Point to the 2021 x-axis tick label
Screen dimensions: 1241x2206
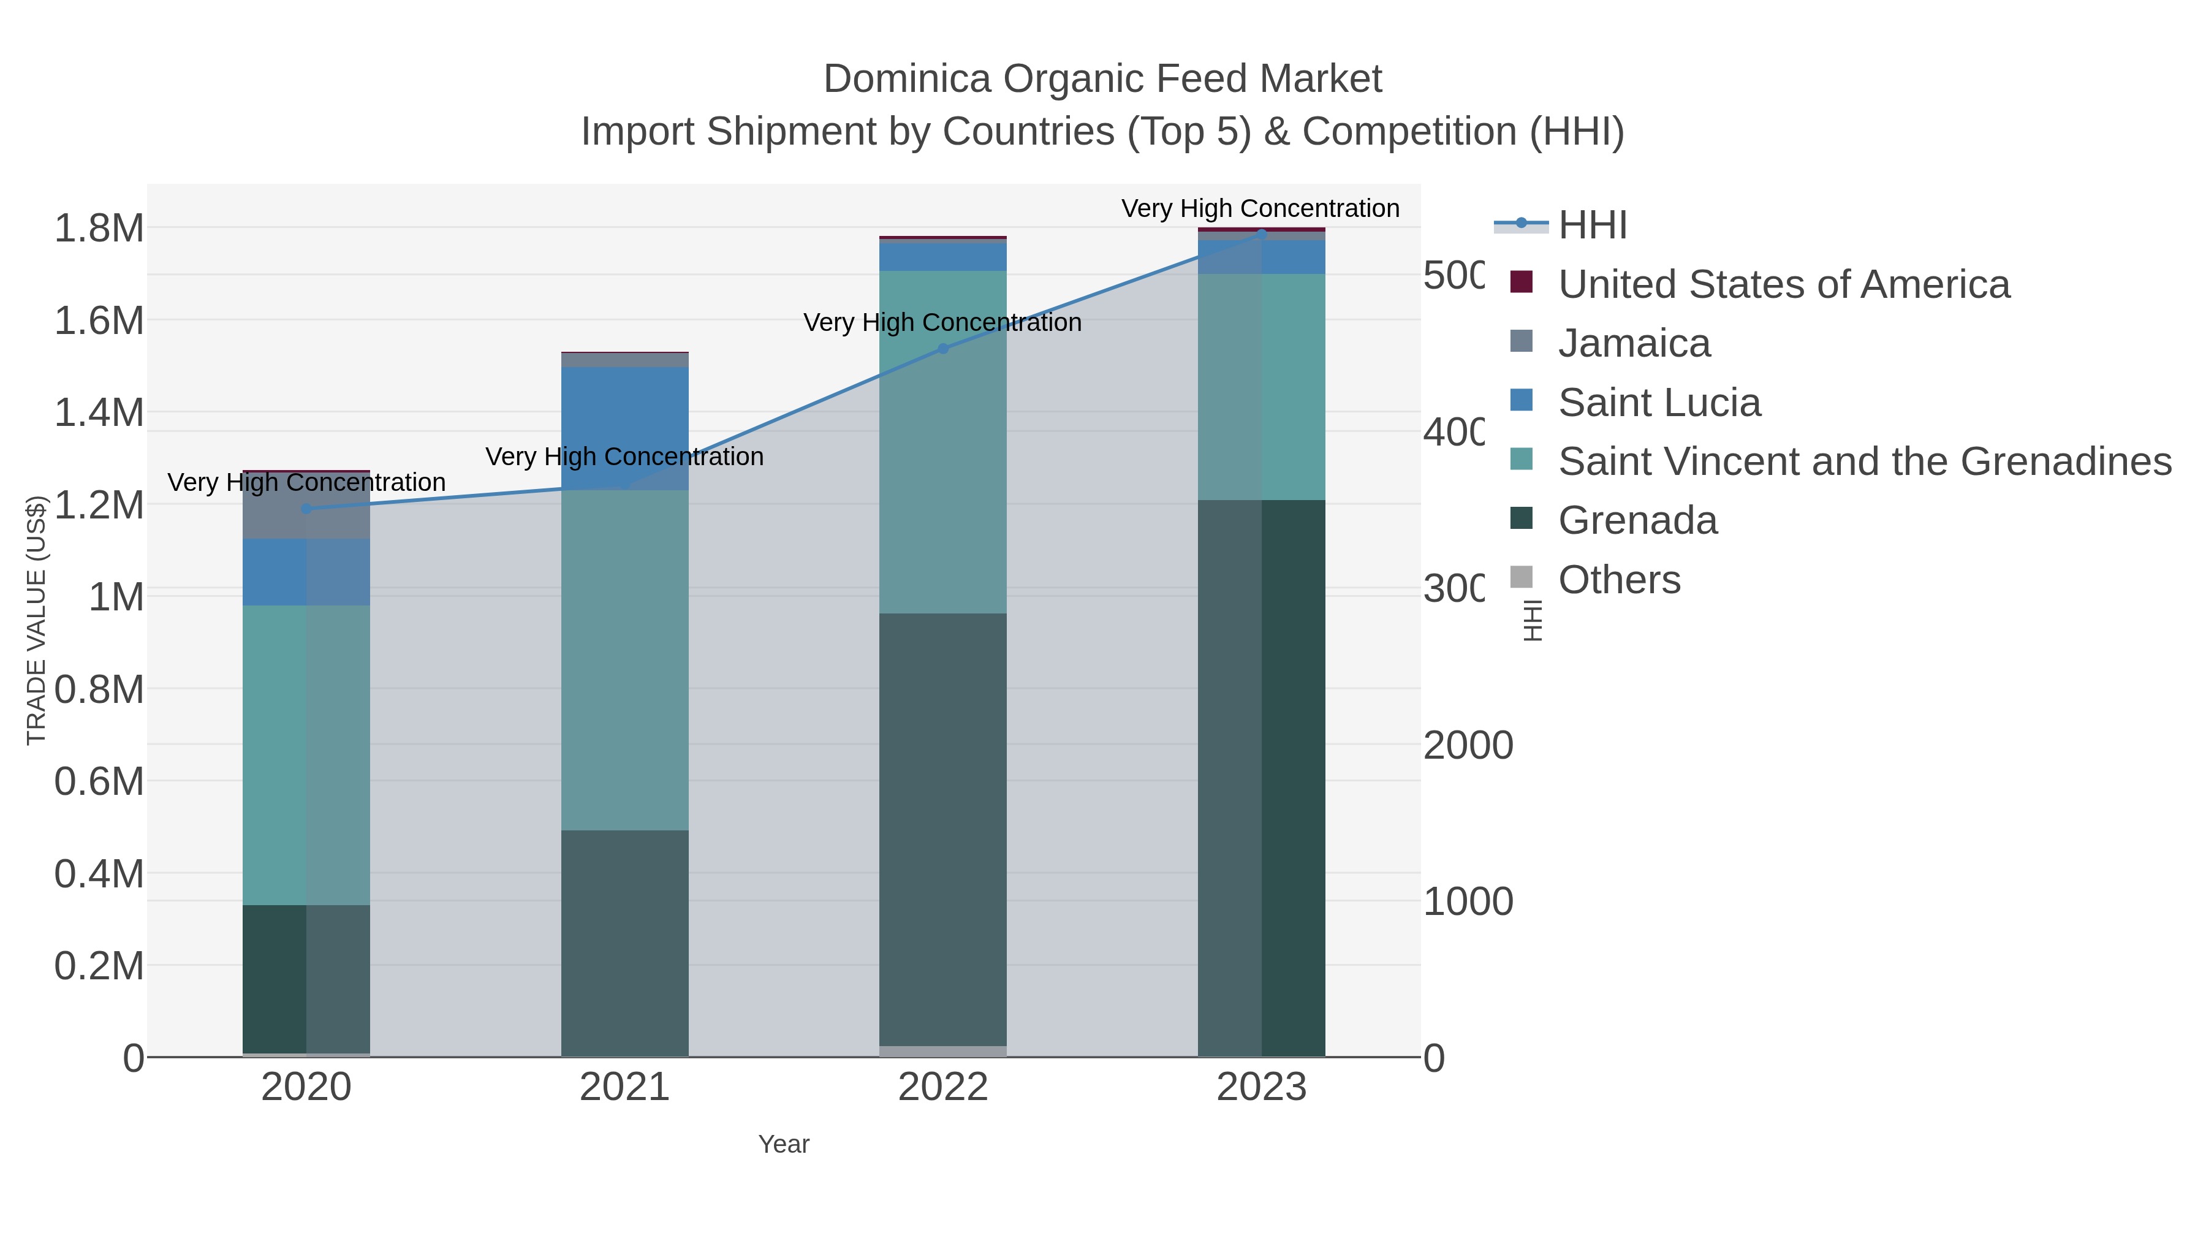click(x=624, y=1088)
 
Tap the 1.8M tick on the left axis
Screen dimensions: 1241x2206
click(x=99, y=229)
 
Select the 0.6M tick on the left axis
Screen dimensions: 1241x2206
click(x=99, y=781)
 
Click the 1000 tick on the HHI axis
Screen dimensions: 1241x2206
click(x=1468, y=902)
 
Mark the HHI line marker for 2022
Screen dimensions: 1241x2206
click(x=943, y=349)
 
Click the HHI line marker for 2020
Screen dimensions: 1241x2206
click(x=306, y=509)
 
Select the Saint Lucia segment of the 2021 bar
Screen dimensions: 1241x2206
click(x=624, y=428)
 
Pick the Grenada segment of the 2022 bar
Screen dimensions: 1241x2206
click(x=943, y=829)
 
